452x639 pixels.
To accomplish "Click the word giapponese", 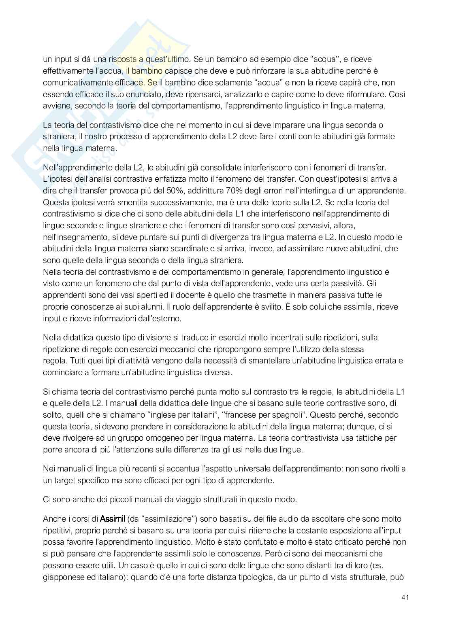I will point(62,577).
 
